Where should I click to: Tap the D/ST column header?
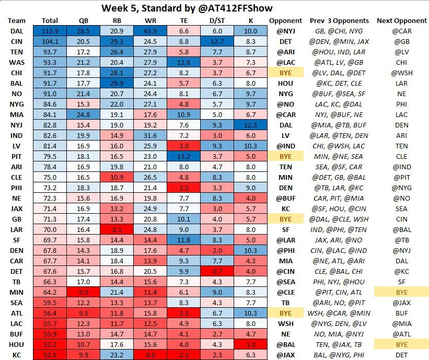[216, 20]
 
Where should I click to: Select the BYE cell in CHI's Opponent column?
[285, 73]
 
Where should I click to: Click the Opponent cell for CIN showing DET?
[285, 42]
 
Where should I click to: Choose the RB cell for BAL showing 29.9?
[117, 84]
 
